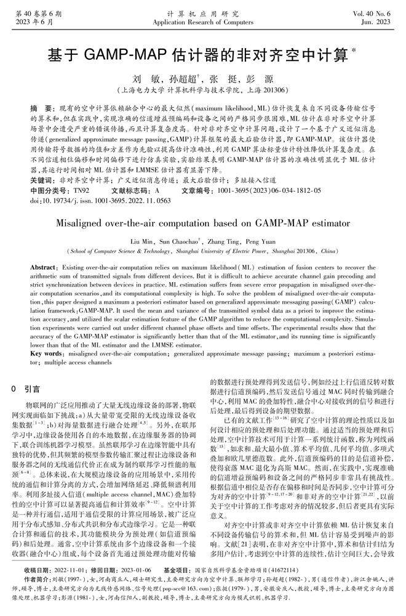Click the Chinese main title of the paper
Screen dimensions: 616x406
pyautogui.click(x=203, y=55)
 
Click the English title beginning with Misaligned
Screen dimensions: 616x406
pyautogui.click(x=202, y=223)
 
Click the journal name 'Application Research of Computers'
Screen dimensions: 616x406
pyautogui.click(x=202, y=22)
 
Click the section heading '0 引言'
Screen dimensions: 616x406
pyautogui.click(x=26, y=389)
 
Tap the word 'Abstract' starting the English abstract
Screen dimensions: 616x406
pyautogui.click(x=42, y=270)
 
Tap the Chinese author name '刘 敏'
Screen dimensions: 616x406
pyautogui.click(x=143, y=79)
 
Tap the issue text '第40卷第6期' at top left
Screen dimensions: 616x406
pyautogui.click(x=35, y=13)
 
